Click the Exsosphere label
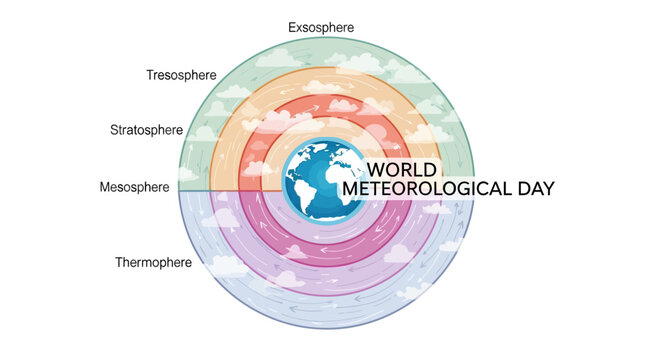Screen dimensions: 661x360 (x=320, y=27)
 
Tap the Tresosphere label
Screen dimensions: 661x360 (x=181, y=75)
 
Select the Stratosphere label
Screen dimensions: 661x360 (x=146, y=130)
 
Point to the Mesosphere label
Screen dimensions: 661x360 (x=135, y=187)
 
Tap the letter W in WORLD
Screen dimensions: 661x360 (x=373, y=169)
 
